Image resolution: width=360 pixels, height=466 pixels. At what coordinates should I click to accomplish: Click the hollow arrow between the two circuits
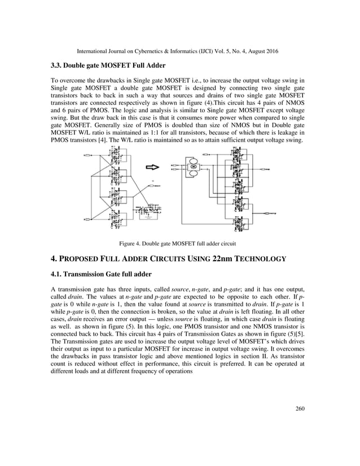pyautogui.click(x=153, y=167)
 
